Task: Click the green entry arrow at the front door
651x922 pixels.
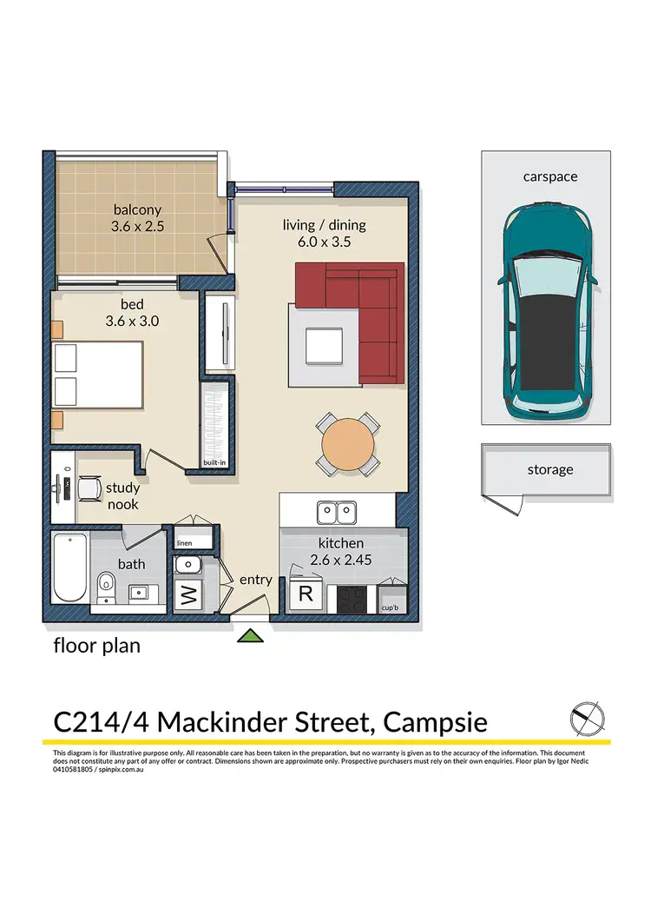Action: [250, 635]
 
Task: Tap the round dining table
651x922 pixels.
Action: [348, 444]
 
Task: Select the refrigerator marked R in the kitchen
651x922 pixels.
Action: [306, 594]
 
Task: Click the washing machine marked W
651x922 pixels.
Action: [188, 595]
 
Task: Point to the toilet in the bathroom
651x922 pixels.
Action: [106, 587]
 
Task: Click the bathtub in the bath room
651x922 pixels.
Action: [70, 567]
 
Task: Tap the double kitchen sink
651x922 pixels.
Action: [336, 513]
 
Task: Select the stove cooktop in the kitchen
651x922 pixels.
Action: [352, 600]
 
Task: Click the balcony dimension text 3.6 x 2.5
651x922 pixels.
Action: [137, 227]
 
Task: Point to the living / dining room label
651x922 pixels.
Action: [325, 225]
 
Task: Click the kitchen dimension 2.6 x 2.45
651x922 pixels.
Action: [341, 560]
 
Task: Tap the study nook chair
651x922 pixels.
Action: [89, 488]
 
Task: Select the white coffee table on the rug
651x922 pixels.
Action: [324, 347]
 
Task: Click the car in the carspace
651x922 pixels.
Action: [547, 312]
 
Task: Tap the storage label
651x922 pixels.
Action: [550, 470]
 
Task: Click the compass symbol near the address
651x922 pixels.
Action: [588, 719]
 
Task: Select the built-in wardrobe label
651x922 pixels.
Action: [214, 463]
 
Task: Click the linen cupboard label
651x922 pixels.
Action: [185, 543]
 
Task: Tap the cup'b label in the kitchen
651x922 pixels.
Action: [390, 608]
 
